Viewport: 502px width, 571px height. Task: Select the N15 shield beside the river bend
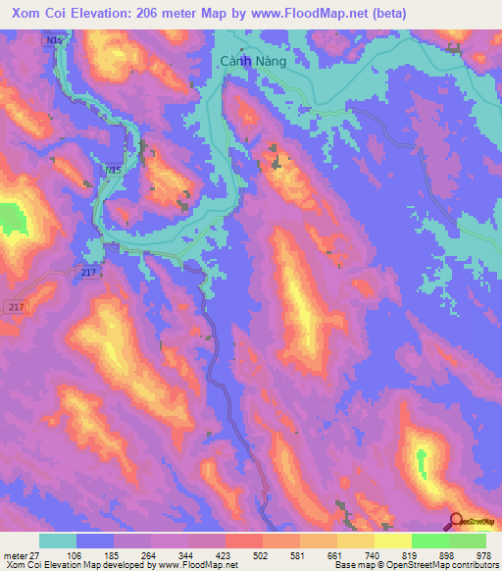pyautogui.click(x=114, y=170)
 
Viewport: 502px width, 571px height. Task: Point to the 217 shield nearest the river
pyautogui.click(x=87, y=273)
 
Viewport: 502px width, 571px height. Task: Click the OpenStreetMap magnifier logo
pyautogui.click(x=458, y=522)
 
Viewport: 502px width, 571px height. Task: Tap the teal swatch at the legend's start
pyautogui.click(x=58, y=541)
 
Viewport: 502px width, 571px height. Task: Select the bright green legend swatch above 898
pyautogui.click(x=430, y=541)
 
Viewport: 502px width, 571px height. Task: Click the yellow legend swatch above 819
pyautogui.click(x=393, y=541)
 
